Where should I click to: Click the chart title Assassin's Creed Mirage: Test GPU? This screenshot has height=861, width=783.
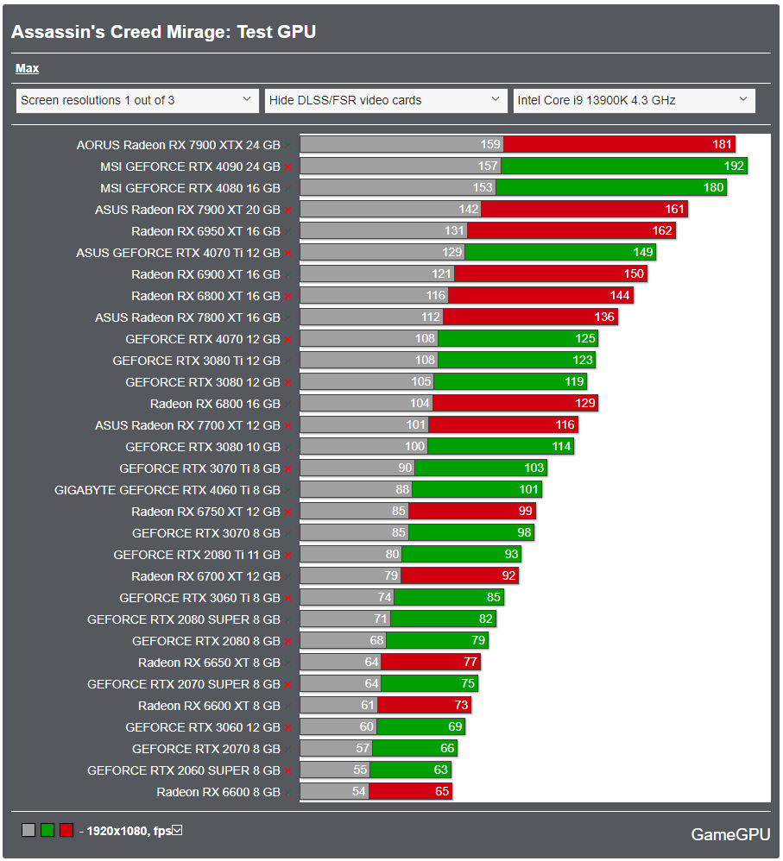163,32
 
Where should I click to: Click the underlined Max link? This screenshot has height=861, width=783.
27,68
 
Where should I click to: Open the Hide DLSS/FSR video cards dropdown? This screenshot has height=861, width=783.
386,100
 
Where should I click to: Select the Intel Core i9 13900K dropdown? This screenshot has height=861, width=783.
634,100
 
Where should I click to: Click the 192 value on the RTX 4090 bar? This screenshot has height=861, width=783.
734,167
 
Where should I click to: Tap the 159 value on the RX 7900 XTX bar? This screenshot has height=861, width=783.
489,145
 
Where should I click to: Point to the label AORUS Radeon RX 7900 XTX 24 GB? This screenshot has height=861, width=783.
178,145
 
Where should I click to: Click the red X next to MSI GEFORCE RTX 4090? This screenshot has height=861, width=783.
287,167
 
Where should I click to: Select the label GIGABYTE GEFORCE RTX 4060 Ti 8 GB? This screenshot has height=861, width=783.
167,490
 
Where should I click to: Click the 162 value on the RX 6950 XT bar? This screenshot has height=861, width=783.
662,231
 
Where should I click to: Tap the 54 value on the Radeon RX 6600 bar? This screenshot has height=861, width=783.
357,792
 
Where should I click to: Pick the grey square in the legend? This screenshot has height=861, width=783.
28,831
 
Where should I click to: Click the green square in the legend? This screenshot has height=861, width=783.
47,831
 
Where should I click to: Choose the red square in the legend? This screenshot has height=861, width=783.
66,831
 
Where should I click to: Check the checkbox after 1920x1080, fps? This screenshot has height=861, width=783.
177,831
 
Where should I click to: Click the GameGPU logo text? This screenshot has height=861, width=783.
730,834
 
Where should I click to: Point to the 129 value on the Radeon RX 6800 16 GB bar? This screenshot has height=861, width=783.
584,404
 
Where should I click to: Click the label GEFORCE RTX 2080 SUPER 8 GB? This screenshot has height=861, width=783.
184,619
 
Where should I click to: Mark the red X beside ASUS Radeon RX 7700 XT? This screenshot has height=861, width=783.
287,426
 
